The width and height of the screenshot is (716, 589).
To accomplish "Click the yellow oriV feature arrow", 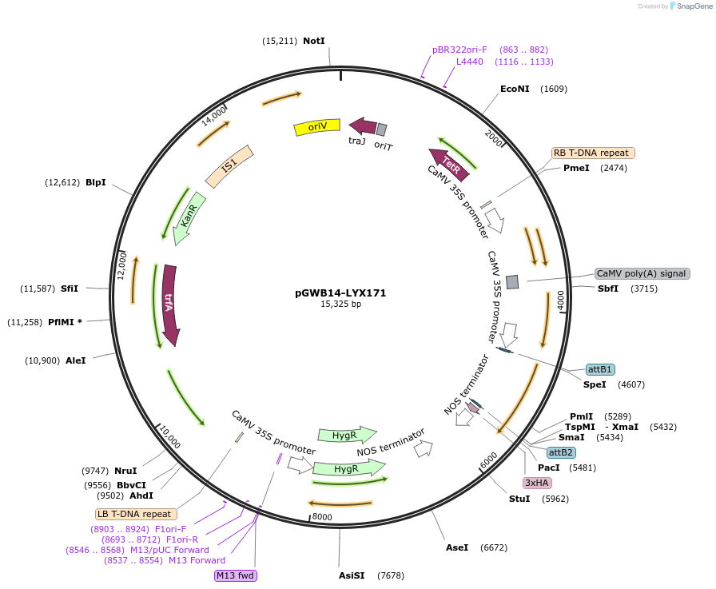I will [x=317, y=127].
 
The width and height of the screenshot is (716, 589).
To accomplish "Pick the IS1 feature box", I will [x=229, y=166].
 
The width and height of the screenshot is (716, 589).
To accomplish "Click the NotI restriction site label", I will [x=314, y=41].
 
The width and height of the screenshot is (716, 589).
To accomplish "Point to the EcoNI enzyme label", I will [x=515, y=89].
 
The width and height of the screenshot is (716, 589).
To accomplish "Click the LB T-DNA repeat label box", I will [x=134, y=514].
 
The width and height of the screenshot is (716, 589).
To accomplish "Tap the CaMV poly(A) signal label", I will [x=642, y=273].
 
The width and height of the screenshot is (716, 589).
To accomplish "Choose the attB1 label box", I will [x=600, y=369].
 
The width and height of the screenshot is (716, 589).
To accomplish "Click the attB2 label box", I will [x=561, y=452].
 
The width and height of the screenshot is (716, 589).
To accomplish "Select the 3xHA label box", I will [x=536, y=483].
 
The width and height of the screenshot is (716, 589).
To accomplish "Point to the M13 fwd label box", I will [x=236, y=575].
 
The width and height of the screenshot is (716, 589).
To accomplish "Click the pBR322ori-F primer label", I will [x=459, y=50].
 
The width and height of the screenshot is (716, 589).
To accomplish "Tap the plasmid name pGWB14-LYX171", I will [x=340, y=293].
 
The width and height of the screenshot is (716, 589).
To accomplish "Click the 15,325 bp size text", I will [x=340, y=304].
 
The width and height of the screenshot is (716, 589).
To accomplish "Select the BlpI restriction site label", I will [x=96, y=182].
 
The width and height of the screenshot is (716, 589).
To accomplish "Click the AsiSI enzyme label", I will [x=352, y=575].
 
